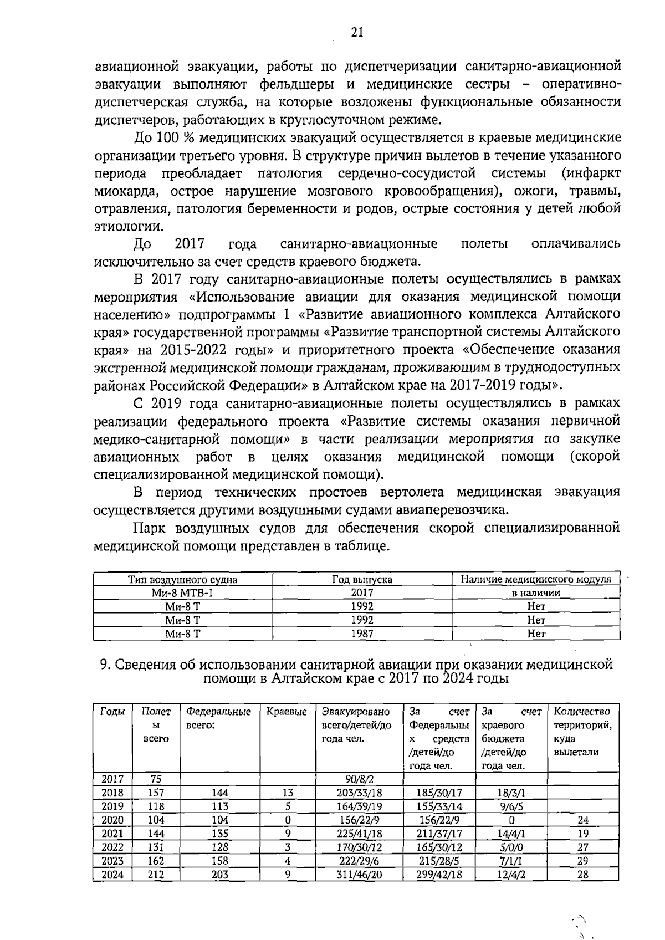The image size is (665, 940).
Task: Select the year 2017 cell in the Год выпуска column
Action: pyautogui.click(x=362, y=592)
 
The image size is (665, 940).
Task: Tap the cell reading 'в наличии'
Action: pyautogui.click(x=536, y=592)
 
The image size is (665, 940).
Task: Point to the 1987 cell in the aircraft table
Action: pyautogui.click(x=362, y=634)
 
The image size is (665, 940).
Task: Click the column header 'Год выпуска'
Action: pyautogui.click(x=362, y=579)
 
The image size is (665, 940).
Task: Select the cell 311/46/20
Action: pyautogui.click(x=359, y=875)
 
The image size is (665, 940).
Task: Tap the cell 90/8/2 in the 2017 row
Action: pyautogui.click(x=359, y=779)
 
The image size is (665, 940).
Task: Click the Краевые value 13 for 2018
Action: pyautogui.click(x=288, y=793)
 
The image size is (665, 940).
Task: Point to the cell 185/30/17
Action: pyautogui.click(x=439, y=793)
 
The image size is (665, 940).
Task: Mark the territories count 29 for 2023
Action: pyautogui.click(x=582, y=861)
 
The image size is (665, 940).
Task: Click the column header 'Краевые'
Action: pyautogui.click(x=287, y=712)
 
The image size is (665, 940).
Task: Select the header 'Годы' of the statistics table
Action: pyautogui.click(x=112, y=712)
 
